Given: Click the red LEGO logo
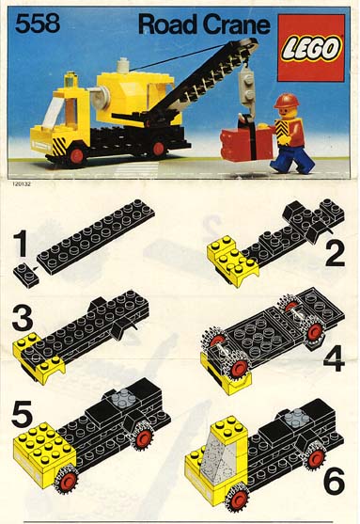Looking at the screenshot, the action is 311,48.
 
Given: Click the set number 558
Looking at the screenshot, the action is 38,24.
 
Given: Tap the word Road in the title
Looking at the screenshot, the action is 168,24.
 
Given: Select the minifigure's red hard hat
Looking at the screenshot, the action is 286,101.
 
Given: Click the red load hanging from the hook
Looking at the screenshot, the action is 247,144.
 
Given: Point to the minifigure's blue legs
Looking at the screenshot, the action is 293,159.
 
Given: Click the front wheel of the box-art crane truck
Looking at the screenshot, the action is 76,155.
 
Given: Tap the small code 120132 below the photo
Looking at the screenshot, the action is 22,183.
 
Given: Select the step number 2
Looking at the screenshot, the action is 335,254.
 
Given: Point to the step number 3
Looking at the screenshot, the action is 23,318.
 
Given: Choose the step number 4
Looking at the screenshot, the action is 334,358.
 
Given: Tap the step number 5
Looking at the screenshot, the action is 22,414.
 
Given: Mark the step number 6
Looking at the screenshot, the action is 334,481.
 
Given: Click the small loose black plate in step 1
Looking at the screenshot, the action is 25,275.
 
